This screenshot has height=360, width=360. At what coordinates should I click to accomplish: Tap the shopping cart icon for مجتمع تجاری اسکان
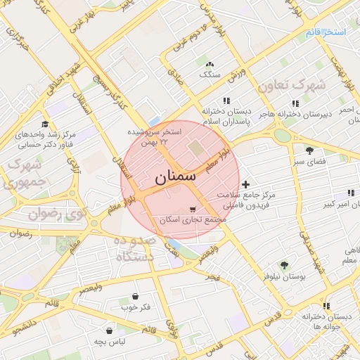[193, 210]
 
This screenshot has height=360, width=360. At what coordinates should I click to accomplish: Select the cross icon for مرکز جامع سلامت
[245, 184]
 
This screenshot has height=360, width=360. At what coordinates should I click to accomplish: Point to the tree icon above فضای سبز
[309, 150]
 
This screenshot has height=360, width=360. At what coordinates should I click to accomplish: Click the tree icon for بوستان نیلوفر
[284, 265]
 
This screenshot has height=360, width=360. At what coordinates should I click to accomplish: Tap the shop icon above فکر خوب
[135, 296]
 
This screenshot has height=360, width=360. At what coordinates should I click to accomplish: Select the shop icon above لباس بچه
[110, 330]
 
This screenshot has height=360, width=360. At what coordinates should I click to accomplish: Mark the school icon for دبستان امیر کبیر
[350, 193]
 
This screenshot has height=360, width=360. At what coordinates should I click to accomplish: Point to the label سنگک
[210, 74]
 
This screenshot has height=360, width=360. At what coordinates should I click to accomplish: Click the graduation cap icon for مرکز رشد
[45, 124]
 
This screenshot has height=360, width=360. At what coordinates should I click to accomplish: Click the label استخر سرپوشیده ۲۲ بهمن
[156, 136]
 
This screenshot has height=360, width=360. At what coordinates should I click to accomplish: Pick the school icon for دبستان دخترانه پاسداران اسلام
[226, 101]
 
